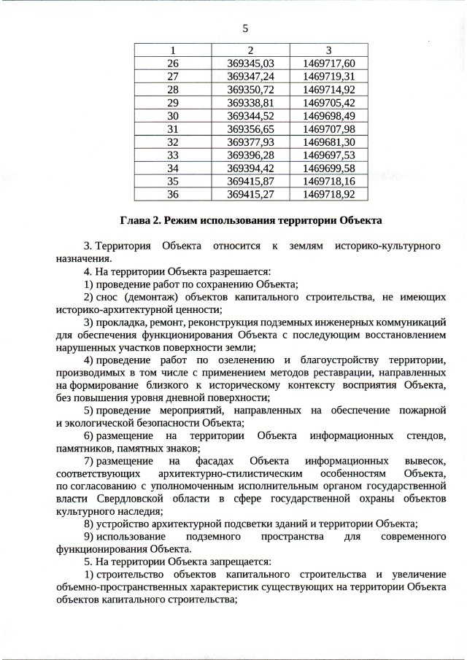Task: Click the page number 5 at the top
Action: click(245, 28)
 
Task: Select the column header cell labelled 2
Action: click(250, 50)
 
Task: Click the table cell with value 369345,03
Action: click(250, 63)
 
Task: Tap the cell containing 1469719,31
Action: click(328, 76)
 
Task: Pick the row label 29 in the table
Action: click(173, 102)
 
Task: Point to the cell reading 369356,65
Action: click(250, 128)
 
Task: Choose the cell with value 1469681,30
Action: click(328, 141)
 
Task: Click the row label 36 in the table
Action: click(173, 194)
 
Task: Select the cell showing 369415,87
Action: click(250, 181)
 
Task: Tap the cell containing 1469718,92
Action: click(328, 194)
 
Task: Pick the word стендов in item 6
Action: click(423, 436)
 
